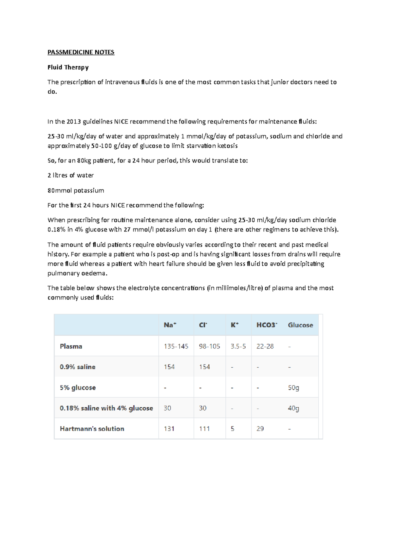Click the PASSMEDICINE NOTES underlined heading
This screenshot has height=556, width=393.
click(x=81, y=52)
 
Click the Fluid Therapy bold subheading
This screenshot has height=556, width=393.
click(x=68, y=67)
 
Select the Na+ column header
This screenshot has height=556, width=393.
click(x=170, y=325)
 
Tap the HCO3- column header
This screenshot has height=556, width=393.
click(x=267, y=325)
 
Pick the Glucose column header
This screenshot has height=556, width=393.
click(x=300, y=325)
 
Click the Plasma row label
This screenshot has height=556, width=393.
click(x=71, y=346)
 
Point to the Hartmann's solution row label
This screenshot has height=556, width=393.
click(x=92, y=429)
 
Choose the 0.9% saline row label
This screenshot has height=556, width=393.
click(x=78, y=367)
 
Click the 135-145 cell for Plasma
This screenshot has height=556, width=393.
click(x=176, y=346)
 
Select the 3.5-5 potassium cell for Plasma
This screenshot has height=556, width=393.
click(x=238, y=346)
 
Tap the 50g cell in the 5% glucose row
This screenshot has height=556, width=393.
click(x=293, y=388)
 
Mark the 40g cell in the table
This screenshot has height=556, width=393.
click(x=293, y=408)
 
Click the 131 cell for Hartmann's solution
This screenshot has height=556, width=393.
click(x=169, y=429)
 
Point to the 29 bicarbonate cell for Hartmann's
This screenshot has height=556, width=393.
click(x=260, y=429)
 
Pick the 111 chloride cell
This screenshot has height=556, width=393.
click(x=204, y=429)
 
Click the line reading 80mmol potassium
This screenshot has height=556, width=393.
click(x=76, y=191)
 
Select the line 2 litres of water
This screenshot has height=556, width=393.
click(x=71, y=176)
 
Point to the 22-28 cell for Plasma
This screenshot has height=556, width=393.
click(x=265, y=346)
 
